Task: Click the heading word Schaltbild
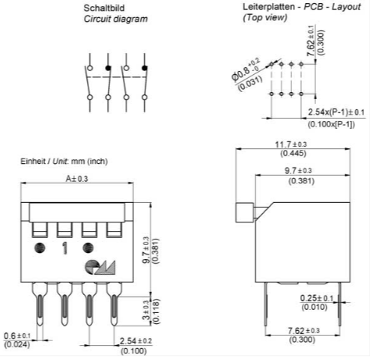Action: (x=104, y=8)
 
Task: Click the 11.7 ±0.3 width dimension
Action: (x=291, y=144)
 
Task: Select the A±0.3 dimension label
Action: (x=77, y=179)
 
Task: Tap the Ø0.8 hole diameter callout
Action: (x=246, y=70)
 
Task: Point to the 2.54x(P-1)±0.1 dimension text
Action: (x=336, y=112)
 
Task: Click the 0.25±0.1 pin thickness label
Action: (x=317, y=298)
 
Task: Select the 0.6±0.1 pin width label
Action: (x=17, y=336)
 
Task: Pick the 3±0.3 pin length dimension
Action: (x=146, y=311)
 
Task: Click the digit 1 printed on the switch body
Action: (x=65, y=248)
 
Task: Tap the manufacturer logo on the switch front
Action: (x=100, y=267)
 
